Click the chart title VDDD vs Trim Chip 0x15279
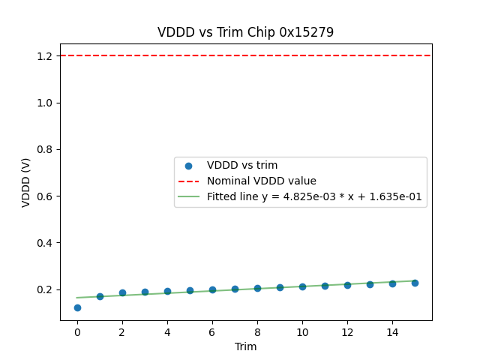(x=245, y=32)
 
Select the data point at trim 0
(x=77, y=307)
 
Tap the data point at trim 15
(x=415, y=283)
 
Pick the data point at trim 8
(x=257, y=288)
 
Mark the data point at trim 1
(x=100, y=296)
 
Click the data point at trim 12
(x=347, y=285)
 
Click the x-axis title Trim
(x=245, y=346)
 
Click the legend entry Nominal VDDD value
(x=262, y=181)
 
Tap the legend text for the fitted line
(x=314, y=196)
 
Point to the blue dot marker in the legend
(x=189, y=166)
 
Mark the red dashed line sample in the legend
(x=189, y=181)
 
